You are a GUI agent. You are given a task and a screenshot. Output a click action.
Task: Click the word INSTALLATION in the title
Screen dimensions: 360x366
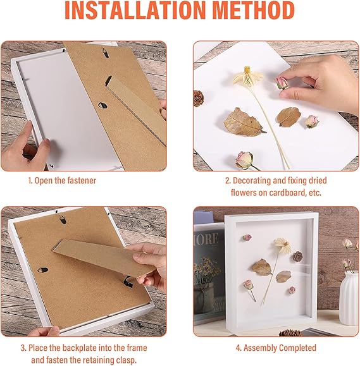pos(135,10)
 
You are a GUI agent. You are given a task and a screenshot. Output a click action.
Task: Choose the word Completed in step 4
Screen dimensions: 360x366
pos(297,348)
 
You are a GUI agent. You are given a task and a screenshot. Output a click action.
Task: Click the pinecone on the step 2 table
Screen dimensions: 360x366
pos(198,98)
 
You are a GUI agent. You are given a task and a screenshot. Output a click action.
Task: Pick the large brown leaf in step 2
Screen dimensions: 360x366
pos(244,123)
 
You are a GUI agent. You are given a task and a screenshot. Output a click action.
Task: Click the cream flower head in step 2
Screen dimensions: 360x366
pos(247,76)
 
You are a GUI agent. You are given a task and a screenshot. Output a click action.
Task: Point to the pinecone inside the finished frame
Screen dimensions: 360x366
pos(297,256)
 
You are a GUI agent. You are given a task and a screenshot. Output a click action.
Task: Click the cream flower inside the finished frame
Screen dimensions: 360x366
pos(282,245)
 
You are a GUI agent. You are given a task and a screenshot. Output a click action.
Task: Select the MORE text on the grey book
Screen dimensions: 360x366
pos(207,239)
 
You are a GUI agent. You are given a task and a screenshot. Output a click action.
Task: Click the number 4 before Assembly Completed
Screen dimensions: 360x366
pos(238,348)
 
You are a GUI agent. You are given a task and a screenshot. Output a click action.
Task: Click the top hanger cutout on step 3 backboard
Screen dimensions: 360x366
pos(63,219)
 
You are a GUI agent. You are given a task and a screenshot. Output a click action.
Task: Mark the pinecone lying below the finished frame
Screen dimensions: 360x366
pos(290,332)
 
